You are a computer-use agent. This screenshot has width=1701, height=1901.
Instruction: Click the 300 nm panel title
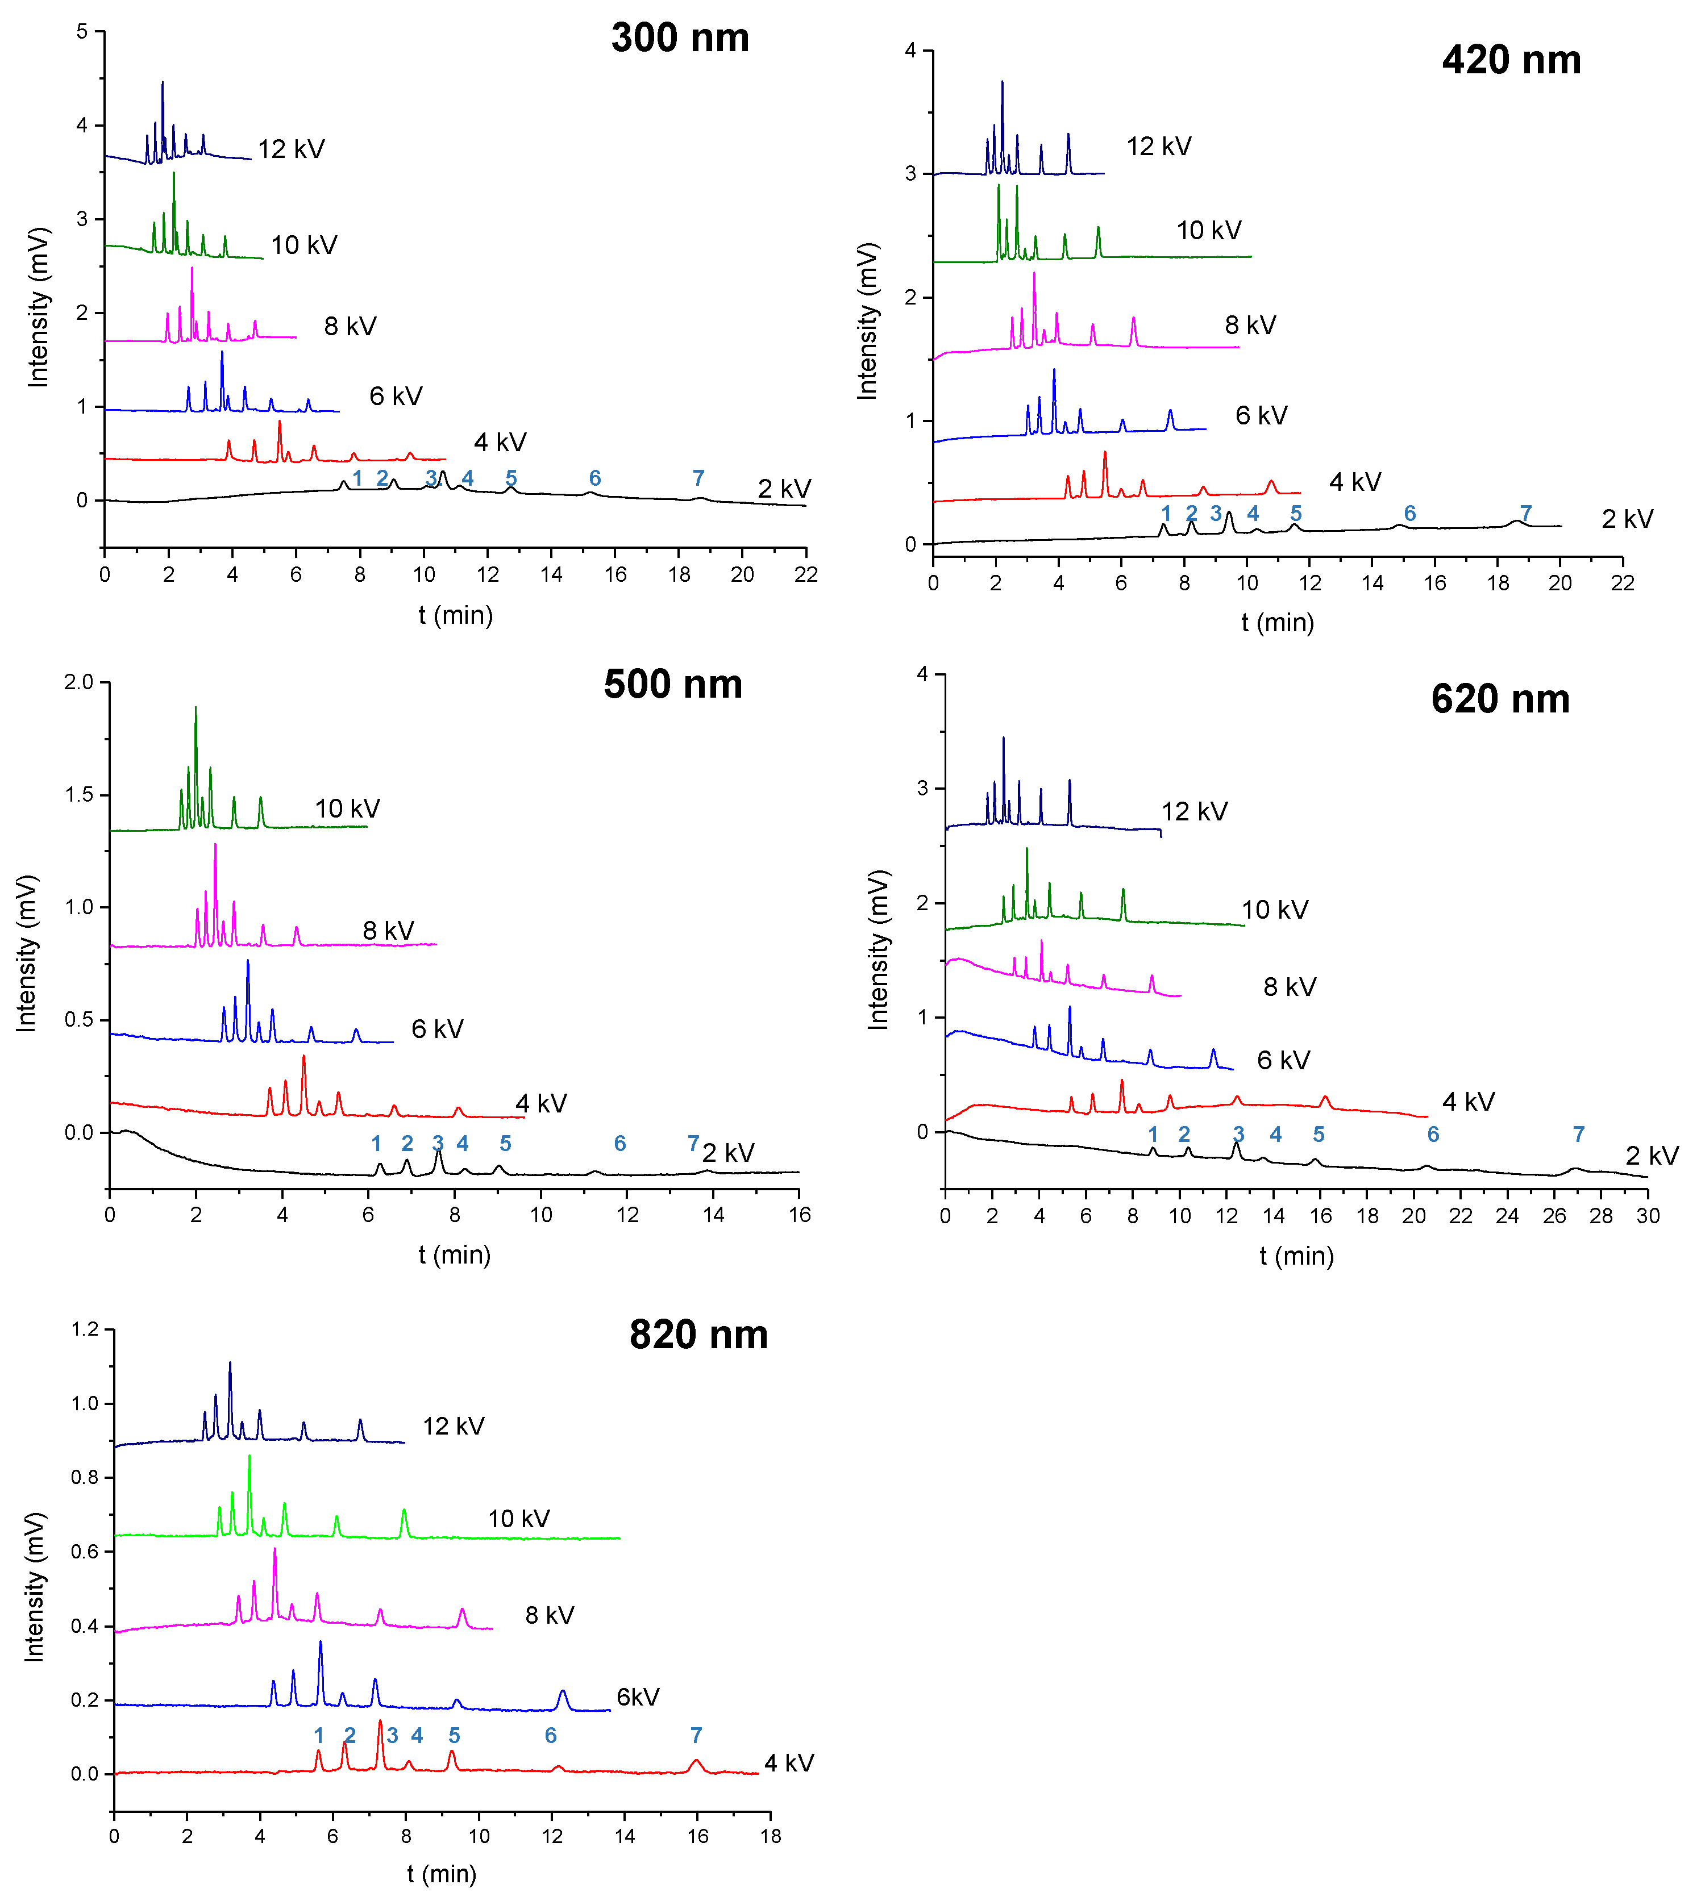tap(680, 38)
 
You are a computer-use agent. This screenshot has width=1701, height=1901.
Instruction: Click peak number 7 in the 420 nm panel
tap(1525, 513)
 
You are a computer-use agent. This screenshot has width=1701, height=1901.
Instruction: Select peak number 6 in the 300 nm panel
tap(594, 478)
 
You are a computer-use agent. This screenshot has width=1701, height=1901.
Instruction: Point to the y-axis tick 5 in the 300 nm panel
tap(82, 32)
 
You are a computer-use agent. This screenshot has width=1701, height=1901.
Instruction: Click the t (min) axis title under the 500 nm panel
tap(454, 1254)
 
